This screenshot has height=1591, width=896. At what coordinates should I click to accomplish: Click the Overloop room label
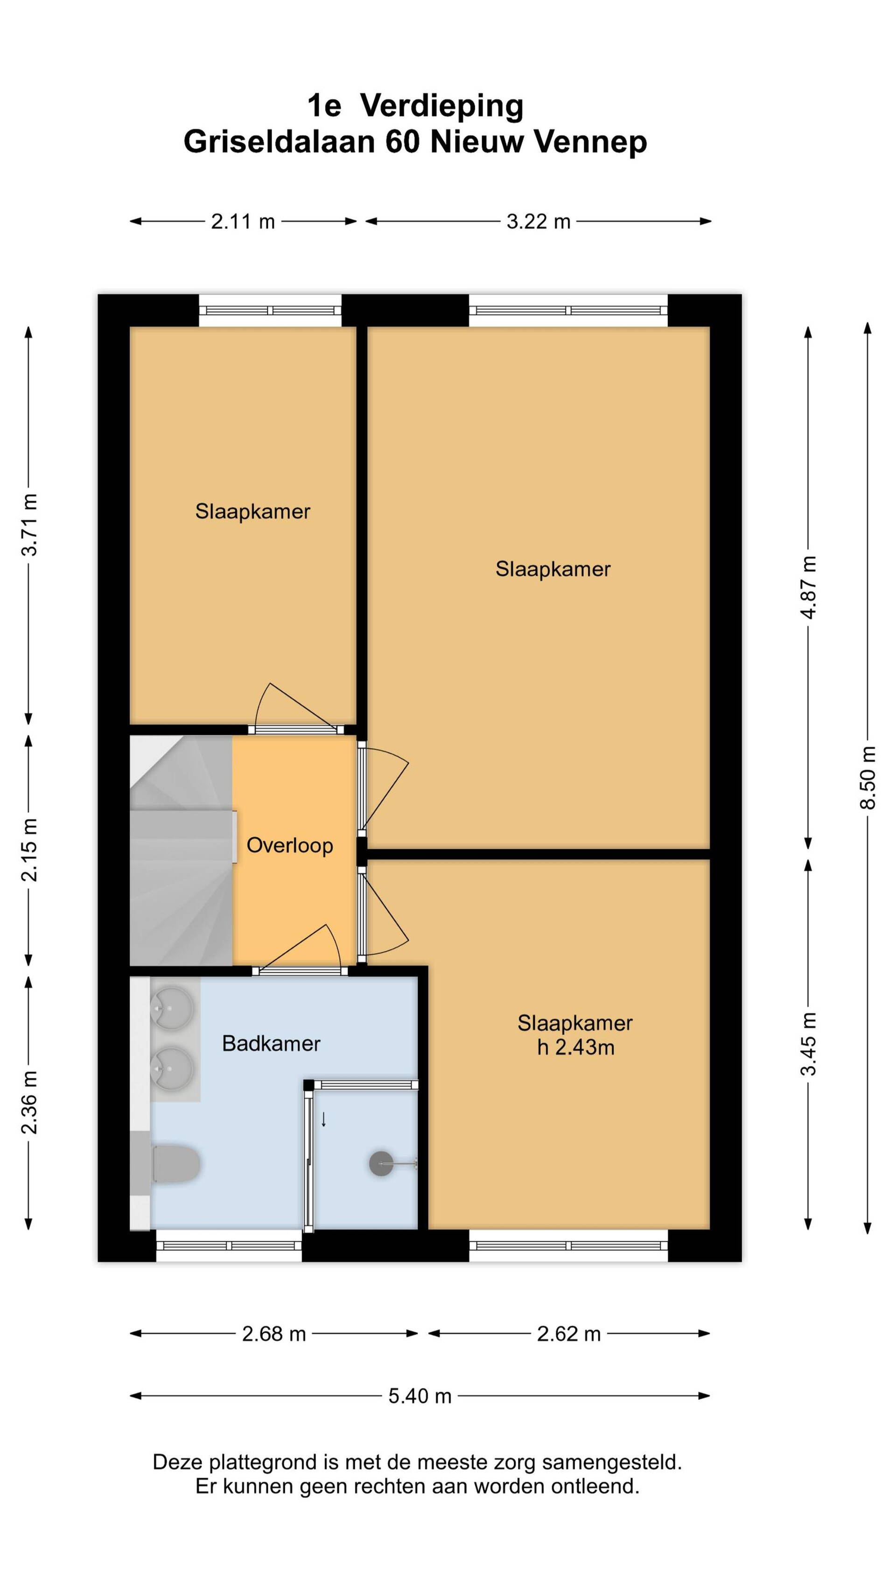pyautogui.click(x=290, y=845)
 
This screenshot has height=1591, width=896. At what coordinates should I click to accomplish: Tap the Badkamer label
pyautogui.click(x=271, y=1043)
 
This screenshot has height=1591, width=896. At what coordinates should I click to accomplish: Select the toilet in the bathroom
pyautogui.click(x=175, y=1164)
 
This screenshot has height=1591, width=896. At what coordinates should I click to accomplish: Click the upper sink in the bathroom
pyautogui.click(x=172, y=1009)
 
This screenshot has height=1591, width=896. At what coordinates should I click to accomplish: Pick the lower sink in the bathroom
pyautogui.click(x=172, y=1067)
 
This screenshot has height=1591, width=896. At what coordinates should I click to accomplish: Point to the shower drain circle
pyautogui.click(x=381, y=1163)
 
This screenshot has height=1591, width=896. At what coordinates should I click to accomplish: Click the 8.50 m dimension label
pyautogui.click(x=868, y=778)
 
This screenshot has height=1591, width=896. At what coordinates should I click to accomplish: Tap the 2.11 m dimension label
pyautogui.click(x=243, y=221)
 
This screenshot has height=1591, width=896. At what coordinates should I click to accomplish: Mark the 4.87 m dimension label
pyautogui.click(x=808, y=588)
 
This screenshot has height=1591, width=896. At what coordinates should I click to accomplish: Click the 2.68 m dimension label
pyautogui.click(x=274, y=1334)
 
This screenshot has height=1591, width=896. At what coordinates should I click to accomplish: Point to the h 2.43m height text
pyautogui.click(x=575, y=1047)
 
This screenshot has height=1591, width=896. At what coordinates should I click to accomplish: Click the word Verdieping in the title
pyautogui.click(x=442, y=107)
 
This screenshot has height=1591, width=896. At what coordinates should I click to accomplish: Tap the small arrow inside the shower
pyautogui.click(x=323, y=1119)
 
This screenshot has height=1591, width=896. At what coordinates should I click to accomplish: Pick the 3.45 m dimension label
pyautogui.click(x=808, y=1044)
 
